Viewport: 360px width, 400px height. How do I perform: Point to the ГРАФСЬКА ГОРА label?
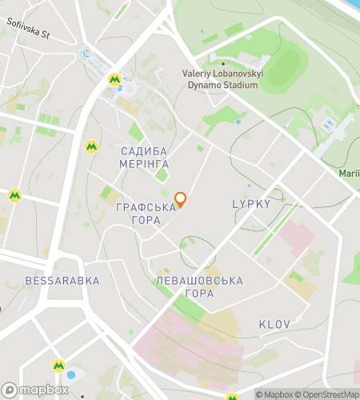(x=146, y=214)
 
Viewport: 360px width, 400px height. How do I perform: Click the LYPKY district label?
(x=251, y=204)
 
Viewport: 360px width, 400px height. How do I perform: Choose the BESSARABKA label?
(x=62, y=281)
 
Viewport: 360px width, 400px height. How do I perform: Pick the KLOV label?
(x=274, y=324)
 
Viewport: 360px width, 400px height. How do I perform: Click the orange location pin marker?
(x=181, y=199)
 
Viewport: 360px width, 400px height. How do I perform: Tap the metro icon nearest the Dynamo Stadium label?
(x=115, y=79)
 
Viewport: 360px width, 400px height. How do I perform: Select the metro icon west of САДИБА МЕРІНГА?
(x=91, y=146)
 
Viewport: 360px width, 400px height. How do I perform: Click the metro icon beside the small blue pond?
(x=58, y=366)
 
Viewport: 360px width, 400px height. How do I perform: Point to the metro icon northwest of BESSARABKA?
(x=14, y=194)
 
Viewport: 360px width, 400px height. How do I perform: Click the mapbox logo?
(x=36, y=390)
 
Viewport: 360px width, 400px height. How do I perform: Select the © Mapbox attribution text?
(x=274, y=394)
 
